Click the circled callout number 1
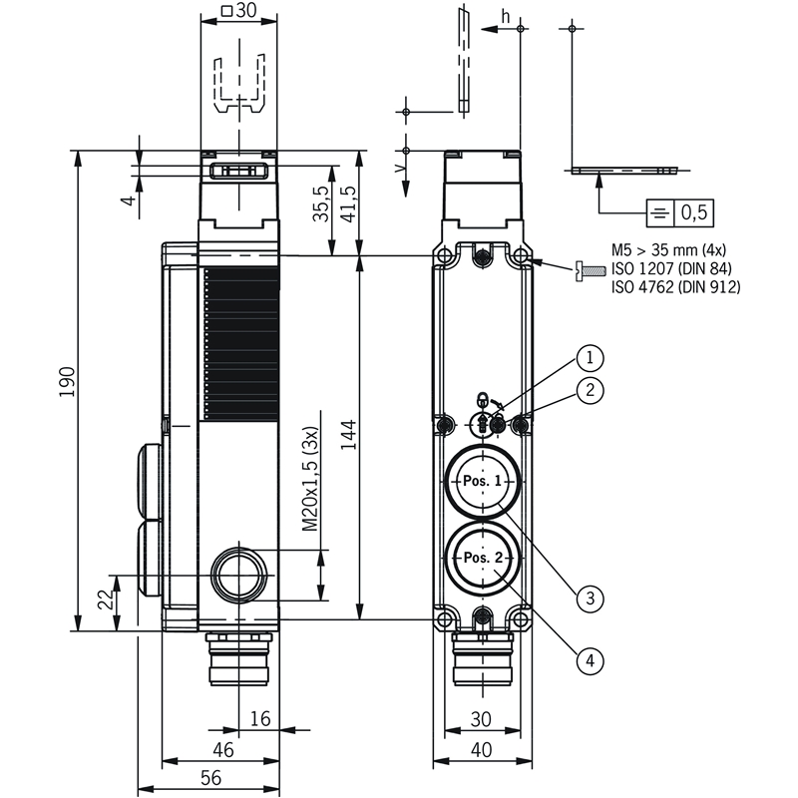(590, 358)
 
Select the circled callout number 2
(590, 390)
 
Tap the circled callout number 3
(590, 598)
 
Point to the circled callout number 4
(590, 660)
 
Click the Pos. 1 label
(483, 481)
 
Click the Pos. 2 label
(483, 558)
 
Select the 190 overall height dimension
(67, 382)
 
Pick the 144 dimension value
(348, 435)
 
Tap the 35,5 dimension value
(321, 204)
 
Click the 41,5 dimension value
(348, 204)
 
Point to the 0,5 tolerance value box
(694, 212)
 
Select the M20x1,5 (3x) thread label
(309, 479)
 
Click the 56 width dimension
(210, 778)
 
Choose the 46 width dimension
(222, 750)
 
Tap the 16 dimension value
(260, 718)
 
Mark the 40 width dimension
(482, 750)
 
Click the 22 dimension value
(106, 599)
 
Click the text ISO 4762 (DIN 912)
(676, 287)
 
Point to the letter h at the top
(505, 17)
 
